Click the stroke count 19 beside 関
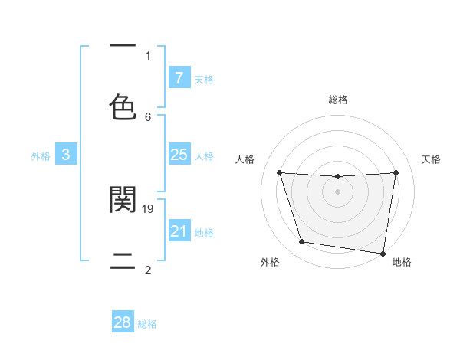(149, 208)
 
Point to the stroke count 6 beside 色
(148, 116)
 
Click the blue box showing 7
(179, 78)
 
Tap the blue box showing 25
(179, 155)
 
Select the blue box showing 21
(179, 231)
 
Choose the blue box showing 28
(123, 322)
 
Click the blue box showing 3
(66, 155)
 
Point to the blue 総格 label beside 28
(147, 324)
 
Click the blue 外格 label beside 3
(41, 155)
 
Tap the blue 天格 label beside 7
(204, 79)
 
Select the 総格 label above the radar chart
(338, 100)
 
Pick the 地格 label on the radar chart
(402, 263)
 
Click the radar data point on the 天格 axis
(396, 172)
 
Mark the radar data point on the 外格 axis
(302, 242)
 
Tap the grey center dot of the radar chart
(337, 191)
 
